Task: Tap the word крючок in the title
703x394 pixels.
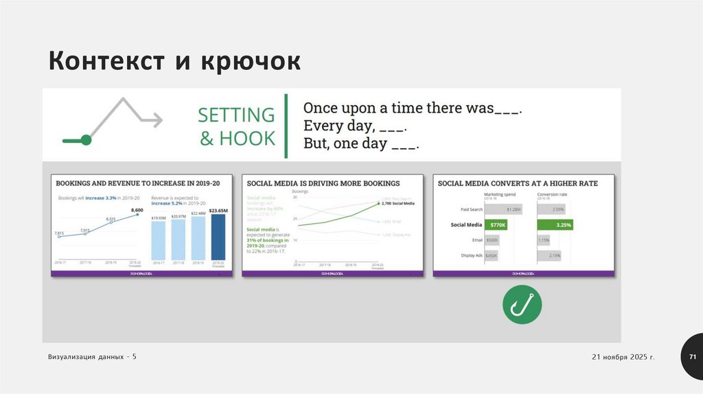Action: tap(251, 62)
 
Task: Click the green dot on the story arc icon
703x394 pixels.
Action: tap(86, 140)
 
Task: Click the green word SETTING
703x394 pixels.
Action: tap(236, 115)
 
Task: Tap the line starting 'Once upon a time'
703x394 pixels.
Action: tap(413, 108)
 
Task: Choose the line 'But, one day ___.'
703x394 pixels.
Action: tap(361, 144)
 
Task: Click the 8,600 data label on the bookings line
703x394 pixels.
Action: tap(137, 210)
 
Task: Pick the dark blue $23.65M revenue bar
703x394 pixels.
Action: tap(219, 237)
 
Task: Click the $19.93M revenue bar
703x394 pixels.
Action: tap(159, 240)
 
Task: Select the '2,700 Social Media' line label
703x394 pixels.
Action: tap(397, 204)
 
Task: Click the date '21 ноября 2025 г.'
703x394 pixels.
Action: tap(623, 358)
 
